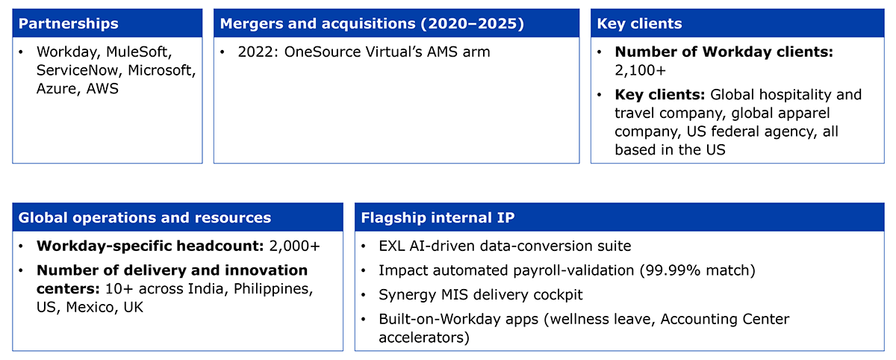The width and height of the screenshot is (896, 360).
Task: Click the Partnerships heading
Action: [69, 24]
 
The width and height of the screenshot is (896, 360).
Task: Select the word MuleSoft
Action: [139, 52]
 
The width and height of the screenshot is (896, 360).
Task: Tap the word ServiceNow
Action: [79, 70]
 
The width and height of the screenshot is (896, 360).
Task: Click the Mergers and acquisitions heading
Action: [372, 24]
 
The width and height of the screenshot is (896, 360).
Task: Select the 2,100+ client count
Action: [640, 70]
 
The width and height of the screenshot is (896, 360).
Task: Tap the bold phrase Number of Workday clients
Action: [724, 52]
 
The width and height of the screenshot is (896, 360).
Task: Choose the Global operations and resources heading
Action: [145, 218]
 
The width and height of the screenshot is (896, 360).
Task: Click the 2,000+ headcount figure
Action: [295, 246]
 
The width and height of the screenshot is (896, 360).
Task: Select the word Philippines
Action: [273, 289]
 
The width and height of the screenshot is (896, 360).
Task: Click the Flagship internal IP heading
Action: [438, 218]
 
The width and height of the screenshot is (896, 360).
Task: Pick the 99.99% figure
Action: [673, 271]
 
